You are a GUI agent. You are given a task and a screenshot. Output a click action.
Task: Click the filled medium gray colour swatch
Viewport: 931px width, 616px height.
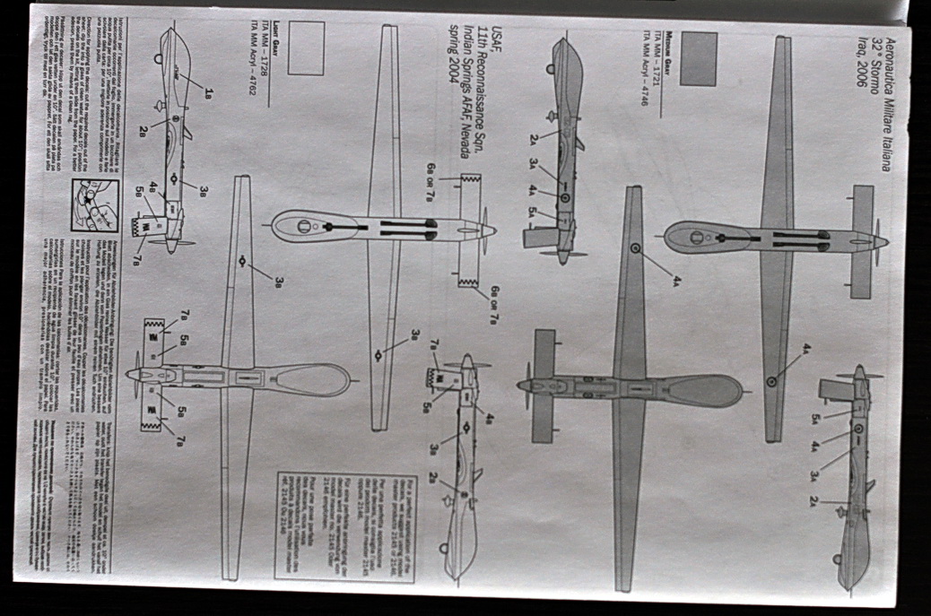click(698, 59)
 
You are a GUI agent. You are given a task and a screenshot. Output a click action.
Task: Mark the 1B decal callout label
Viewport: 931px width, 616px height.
click(208, 91)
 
